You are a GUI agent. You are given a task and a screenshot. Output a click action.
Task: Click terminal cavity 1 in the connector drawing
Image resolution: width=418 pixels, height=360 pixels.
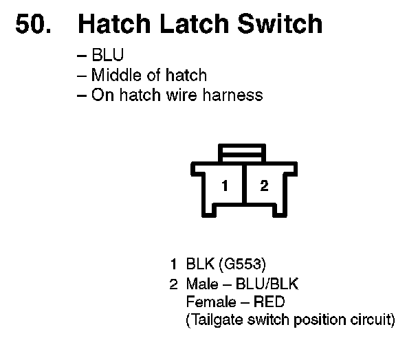pos(224,186)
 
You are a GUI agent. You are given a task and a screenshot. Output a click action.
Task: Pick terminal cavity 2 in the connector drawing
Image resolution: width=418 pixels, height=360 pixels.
pos(263,186)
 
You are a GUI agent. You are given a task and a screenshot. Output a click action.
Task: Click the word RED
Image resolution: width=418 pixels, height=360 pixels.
pos(268,302)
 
